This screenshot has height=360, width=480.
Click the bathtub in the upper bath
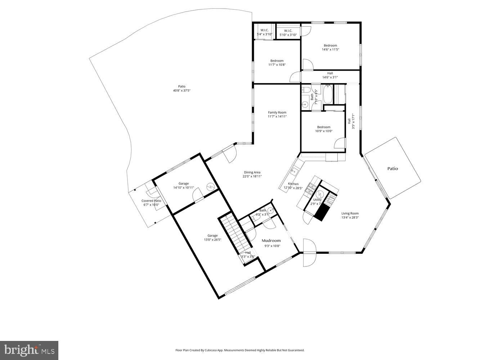[328, 95]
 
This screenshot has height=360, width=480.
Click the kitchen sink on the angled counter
[293, 172]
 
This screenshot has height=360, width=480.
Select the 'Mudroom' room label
[271, 240]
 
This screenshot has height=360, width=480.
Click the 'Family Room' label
[277, 112]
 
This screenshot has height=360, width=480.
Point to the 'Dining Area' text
[252, 172]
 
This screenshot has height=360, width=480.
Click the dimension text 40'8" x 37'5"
[181, 91]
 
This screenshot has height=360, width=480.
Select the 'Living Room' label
[350, 213]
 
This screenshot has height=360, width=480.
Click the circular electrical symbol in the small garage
[210, 186]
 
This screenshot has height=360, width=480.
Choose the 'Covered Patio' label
[151, 201]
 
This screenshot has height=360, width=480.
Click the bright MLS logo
[29, 350]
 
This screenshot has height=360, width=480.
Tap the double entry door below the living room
[309, 253]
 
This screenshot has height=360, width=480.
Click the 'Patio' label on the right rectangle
[392, 168]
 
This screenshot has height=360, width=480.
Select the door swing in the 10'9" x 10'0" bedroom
[340, 143]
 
